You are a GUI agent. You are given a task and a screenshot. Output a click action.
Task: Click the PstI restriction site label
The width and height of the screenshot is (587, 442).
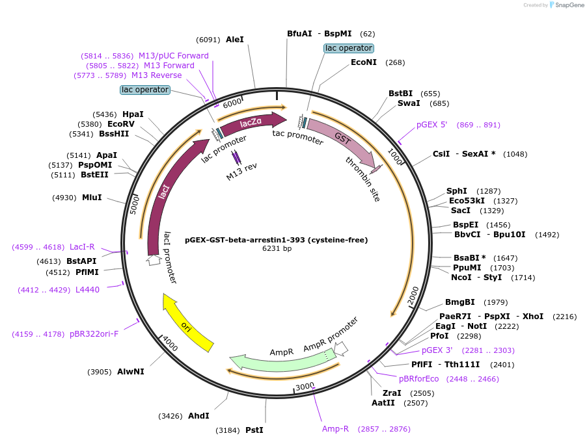tap(254, 430)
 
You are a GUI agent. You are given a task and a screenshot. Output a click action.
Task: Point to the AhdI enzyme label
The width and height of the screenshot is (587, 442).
tap(198, 416)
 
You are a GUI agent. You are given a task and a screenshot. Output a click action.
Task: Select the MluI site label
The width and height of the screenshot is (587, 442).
tap(92, 198)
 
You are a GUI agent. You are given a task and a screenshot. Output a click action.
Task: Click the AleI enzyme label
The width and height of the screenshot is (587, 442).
tap(235, 39)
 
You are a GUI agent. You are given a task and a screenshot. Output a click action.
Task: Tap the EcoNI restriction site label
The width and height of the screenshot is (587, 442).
tap(364, 62)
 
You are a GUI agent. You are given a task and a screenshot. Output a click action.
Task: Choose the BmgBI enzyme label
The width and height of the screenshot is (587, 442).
tap(459, 302)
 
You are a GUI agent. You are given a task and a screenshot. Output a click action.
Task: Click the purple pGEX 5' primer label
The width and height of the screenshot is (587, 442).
tap(431, 125)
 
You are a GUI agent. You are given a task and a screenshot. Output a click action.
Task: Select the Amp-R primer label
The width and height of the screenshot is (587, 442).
tap(335, 428)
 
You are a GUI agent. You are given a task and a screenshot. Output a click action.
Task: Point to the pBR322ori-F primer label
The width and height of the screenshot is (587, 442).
tap(94, 333)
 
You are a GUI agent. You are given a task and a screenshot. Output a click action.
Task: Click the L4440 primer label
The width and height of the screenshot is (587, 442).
tap(88, 289)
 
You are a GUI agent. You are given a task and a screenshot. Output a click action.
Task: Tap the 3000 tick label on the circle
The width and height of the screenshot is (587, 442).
tap(305, 386)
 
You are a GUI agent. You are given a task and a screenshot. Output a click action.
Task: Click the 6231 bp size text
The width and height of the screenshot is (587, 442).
tap(277, 248)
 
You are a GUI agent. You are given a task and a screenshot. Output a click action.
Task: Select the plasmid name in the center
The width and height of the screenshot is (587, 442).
tap(277, 240)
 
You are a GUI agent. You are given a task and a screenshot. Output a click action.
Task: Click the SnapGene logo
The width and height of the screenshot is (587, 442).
tap(567, 5)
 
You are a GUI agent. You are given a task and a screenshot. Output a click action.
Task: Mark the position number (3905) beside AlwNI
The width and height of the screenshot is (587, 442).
tap(99, 372)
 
